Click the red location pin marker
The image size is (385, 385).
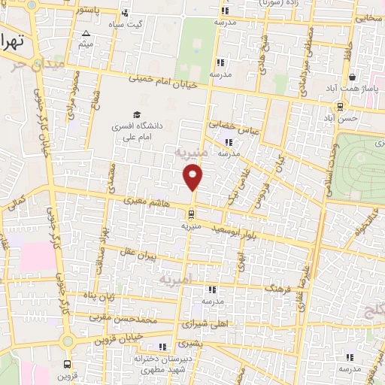(193, 177)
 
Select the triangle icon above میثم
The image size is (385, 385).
(86, 33)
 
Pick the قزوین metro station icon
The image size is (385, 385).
(67, 362)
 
